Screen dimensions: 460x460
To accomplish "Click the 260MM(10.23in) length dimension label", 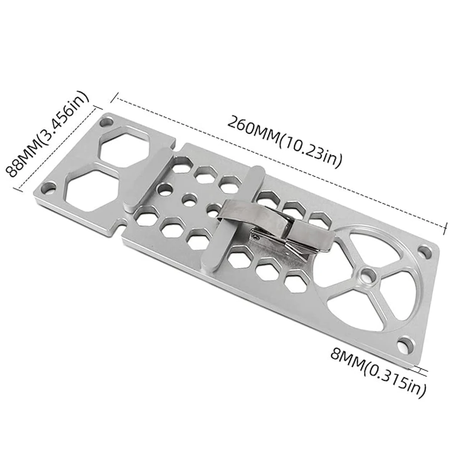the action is (284, 141).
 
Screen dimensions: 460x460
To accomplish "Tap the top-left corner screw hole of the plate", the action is (107, 123).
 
